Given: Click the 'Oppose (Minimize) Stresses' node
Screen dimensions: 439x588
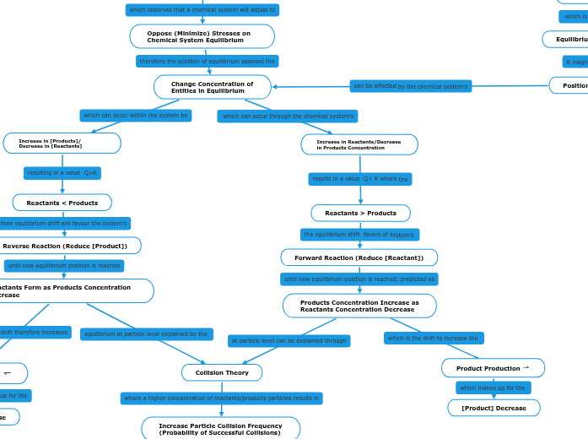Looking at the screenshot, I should [x=202, y=36].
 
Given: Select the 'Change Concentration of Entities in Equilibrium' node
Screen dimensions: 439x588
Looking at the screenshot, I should [x=213, y=87].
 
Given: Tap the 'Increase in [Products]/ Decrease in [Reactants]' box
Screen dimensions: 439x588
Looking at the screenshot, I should [x=62, y=144].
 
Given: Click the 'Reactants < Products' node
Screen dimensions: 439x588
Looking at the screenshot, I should [x=62, y=203].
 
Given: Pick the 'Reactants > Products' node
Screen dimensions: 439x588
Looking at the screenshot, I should [x=360, y=213].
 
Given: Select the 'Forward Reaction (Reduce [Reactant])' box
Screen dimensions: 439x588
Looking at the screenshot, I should [x=359, y=257].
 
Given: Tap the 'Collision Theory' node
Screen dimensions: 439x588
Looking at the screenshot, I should [x=222, y=372].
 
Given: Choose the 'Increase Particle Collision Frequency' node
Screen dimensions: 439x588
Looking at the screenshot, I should [x=220, y=429].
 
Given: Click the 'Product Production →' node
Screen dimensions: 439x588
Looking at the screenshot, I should [x=493, y=368].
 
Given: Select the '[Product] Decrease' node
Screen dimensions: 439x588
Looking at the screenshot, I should [x=494, y=408].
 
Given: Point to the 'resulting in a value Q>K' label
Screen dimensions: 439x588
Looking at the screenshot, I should [x=62, y=173].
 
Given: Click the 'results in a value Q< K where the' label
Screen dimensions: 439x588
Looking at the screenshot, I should [x=360, y=179].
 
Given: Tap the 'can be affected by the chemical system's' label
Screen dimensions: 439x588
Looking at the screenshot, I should [x=410, y=86].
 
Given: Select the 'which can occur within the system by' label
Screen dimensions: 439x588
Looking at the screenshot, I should [x=136, y=116].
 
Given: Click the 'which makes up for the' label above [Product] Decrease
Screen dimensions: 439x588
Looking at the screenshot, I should [x=493, y=388].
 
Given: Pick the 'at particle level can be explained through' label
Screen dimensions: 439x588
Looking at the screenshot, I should [x=289, y=341].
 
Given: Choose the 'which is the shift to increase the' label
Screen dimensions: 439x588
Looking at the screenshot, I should [x=434, y=339].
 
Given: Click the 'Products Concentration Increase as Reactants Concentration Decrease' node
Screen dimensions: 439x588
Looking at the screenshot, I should [x=359, y=306].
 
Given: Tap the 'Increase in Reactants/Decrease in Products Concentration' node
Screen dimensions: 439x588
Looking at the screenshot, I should [x=359, y=144].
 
